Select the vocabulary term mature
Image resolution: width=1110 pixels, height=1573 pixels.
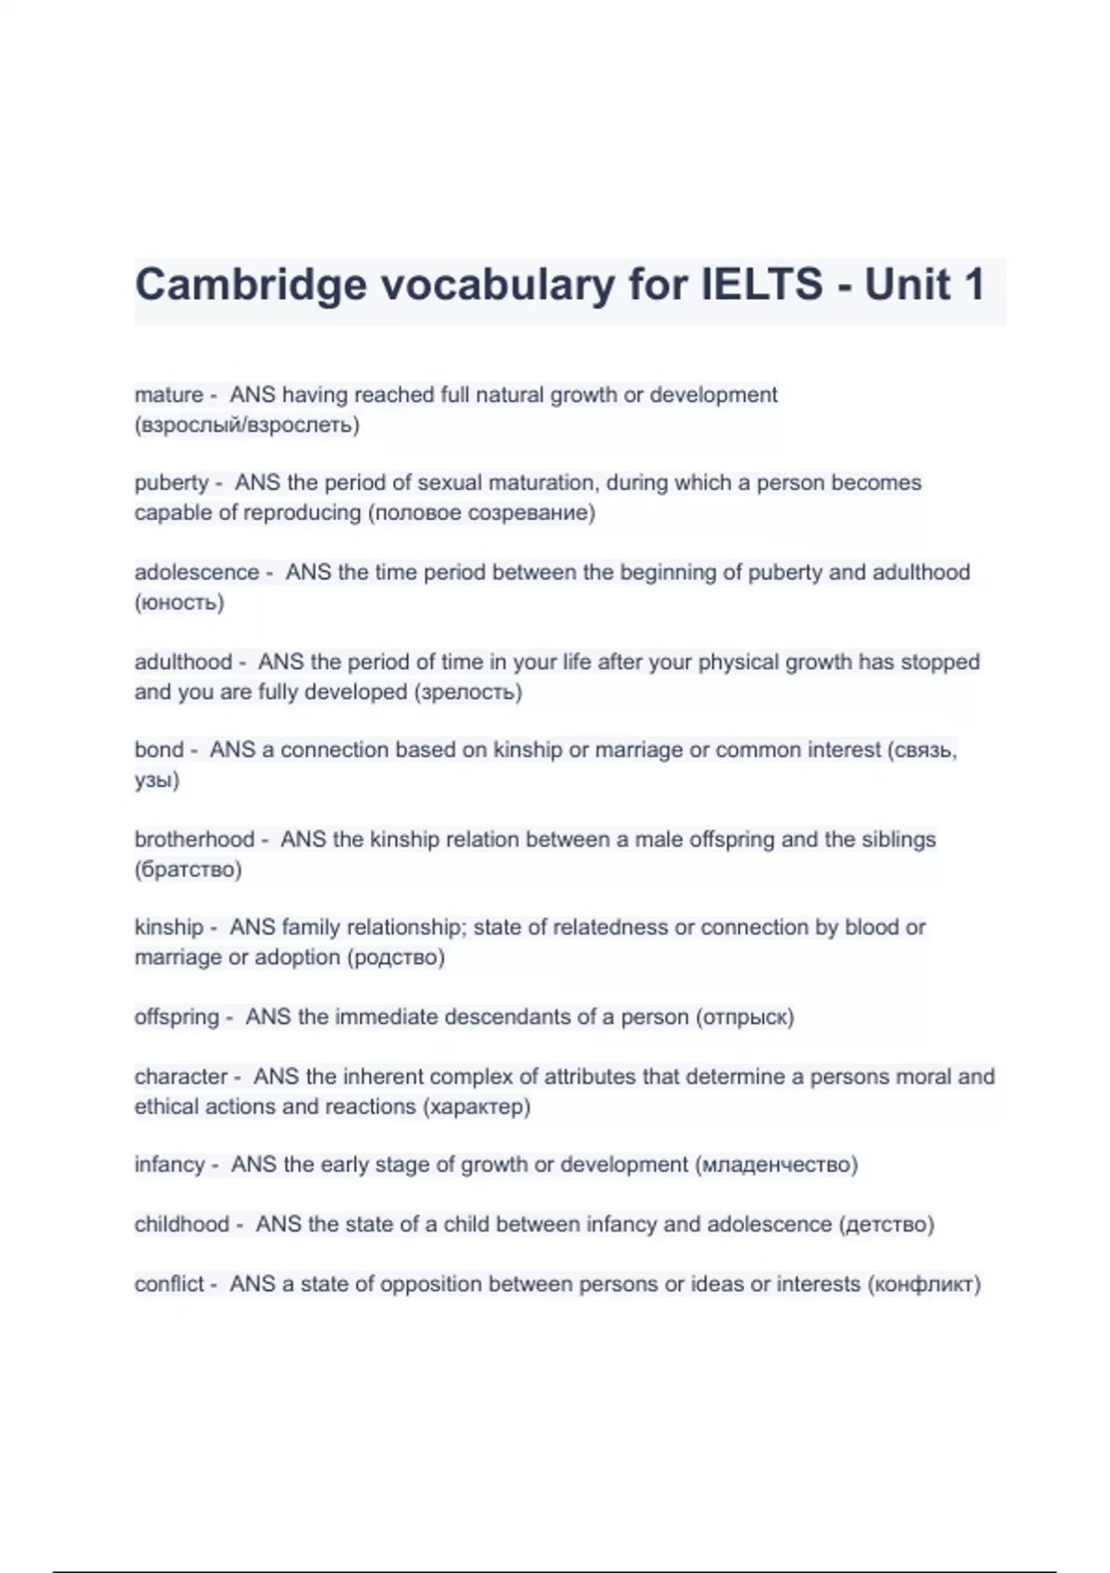tap(168, 395)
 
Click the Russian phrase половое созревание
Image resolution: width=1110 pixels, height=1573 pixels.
tap(481, 513)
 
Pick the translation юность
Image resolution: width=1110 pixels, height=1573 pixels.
tap(179, 603)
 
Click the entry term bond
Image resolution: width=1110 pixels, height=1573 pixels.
tap(159, 749)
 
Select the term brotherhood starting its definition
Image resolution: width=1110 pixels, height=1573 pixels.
tap(194, 839)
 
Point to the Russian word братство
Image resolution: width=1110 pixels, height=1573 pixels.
tap(188, 870)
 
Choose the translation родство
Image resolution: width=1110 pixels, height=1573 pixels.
tap(396, 958)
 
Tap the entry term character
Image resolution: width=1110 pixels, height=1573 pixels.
tap(180, 1077)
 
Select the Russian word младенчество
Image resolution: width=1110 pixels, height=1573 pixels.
tap(776, 1165)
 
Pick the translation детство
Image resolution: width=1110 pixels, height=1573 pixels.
tap(886, 1225)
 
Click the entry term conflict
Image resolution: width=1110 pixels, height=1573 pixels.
tap(169, 1284)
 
